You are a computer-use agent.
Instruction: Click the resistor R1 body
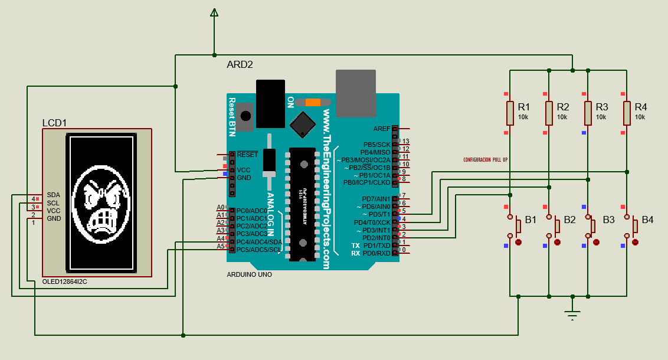click(510, 113)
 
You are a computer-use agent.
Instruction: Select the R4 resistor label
click(641, 107)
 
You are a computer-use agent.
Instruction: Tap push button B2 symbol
click(556, 226)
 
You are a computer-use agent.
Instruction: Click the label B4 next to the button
click(647, 220)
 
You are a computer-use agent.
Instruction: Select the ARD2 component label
click(240, 64)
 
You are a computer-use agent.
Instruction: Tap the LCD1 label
click(54, 123)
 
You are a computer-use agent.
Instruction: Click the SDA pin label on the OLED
click(53, 195)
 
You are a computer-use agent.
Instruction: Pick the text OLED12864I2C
click(65, 282)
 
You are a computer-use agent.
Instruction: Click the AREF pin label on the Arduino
click(382, 129)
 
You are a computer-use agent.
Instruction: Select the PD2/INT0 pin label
click(376, 238)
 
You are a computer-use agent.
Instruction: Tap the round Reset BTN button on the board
click(245, 116)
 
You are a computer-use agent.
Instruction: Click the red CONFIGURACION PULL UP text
click(485, 160)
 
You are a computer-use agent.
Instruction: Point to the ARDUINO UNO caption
click(249, 275)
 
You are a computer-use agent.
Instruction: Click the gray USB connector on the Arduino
click(356, 93)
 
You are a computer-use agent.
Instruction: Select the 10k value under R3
click(601, 117)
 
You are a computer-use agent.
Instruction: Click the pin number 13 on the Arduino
click(405, 141)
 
